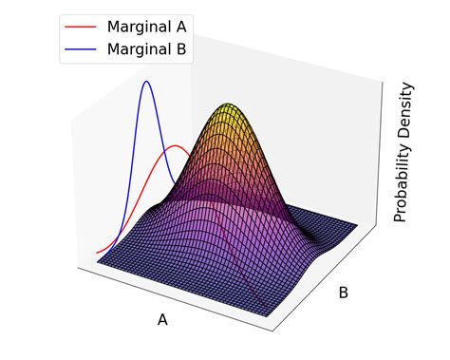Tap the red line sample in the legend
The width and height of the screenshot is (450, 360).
coord(81,27)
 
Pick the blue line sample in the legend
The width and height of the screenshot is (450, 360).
coord(81,48)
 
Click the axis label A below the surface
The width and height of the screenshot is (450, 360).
coord(162,319)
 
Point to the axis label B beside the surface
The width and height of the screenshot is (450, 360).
coord(343,293)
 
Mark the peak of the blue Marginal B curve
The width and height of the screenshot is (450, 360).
coord(146,82)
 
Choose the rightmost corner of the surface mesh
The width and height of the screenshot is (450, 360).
coord(359,226)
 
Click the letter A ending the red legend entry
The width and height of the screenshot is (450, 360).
coord(180,27)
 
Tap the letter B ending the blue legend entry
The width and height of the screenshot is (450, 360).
coord(180,48)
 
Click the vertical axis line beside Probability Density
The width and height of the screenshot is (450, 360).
coord(384,152)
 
